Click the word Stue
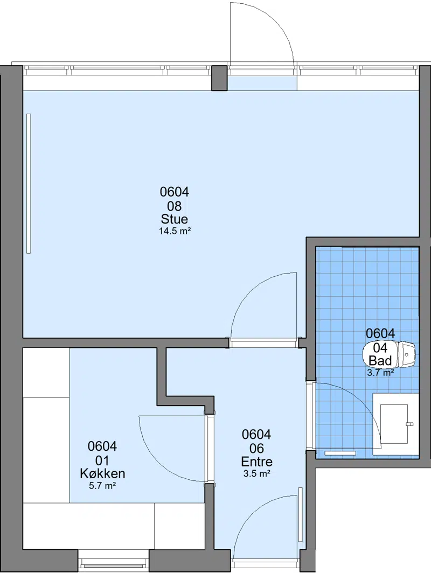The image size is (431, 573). [175, 219]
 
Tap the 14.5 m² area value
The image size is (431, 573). [175, 231]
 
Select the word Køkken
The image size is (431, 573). [102, 473]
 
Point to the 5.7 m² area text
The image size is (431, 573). [102, 486]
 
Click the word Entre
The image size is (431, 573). [256, 462]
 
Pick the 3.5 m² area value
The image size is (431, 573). [256, 474]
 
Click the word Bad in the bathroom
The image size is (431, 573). [380, 361]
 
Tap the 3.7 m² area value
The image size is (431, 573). [380, 373]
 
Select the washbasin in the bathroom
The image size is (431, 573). [394, 424]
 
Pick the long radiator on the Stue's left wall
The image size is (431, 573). [29, 183]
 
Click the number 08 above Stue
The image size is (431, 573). [175, 206]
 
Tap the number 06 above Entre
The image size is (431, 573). [256, 449]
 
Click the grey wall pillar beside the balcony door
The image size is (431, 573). [219, 78]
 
